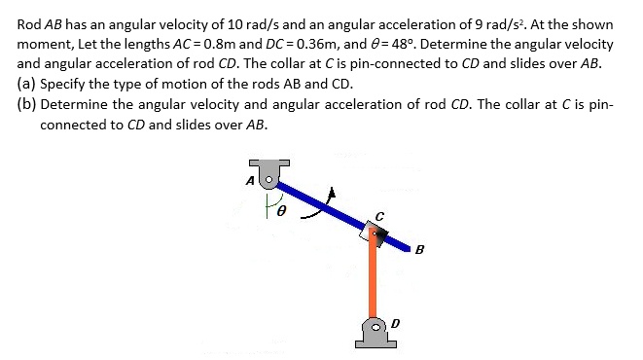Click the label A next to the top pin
click(x=249, y=180)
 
